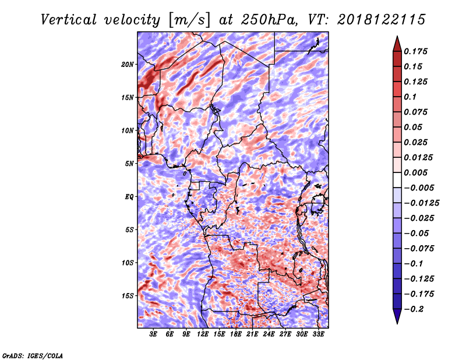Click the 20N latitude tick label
[128, 65]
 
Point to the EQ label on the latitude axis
[129, 197]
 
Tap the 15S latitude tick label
[128, 296]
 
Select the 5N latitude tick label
[129, 164]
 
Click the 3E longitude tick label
[153, 334]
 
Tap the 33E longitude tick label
[318, 334]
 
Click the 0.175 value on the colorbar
[415, 51]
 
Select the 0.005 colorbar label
[415, 172]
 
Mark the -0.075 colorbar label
[419, 249]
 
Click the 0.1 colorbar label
[410, 97]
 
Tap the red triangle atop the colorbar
[397, 44]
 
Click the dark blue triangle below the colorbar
[397, 316]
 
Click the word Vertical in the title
[69, 20]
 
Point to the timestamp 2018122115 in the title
[382, 20]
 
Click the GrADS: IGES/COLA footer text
[33, 355]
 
